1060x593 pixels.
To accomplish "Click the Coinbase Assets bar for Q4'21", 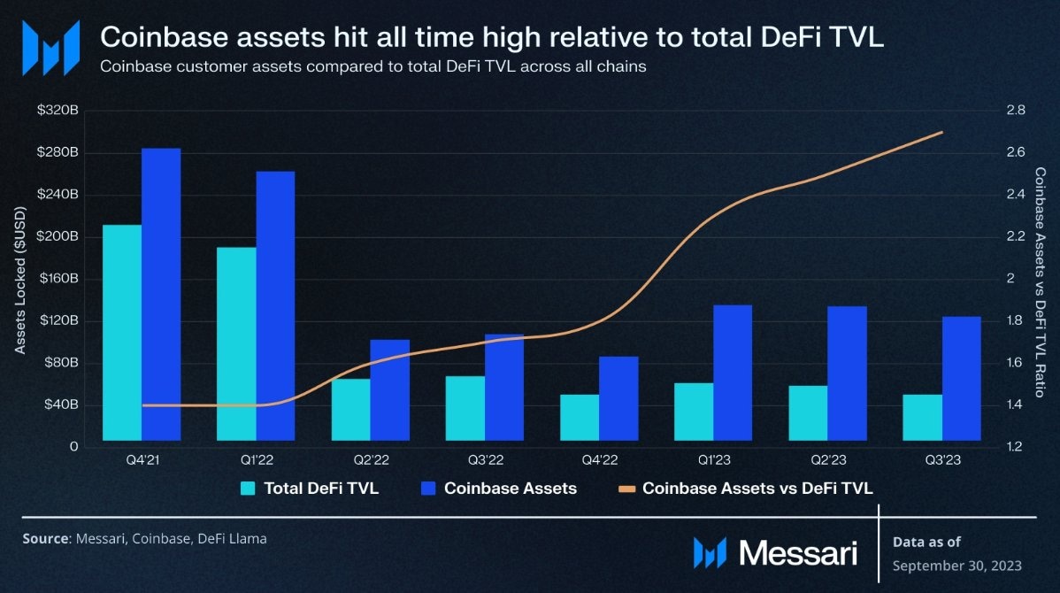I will (x=161, y=294).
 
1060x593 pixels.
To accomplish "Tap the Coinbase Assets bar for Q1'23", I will (x=733, y=373).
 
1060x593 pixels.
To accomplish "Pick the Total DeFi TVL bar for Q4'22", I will (x=580, y=417).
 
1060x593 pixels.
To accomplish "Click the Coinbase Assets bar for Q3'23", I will (x=962, y=378).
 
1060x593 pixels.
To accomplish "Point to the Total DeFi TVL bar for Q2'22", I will (x=350, y=409).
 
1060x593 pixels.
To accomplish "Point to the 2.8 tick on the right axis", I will (x=1015, y=111).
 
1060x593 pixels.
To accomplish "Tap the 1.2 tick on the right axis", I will (x=1015, y=446).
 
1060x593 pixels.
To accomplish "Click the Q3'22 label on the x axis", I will (x=485, y=460).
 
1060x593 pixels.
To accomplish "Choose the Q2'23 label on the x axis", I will (x=827, y=460).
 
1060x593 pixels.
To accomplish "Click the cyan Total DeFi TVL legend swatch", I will (x=248, y=488).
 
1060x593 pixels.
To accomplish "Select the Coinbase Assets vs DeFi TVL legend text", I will (x=757, y=488).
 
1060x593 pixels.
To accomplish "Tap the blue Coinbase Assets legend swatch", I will (x=428, y=488).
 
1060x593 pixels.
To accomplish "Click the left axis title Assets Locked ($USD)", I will (x=20, y=278).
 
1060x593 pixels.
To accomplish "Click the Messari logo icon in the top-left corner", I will (x=50, y=48).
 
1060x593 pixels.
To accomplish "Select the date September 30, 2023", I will (x=956, y=566).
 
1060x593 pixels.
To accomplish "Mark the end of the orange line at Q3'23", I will (x=941, y=133).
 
